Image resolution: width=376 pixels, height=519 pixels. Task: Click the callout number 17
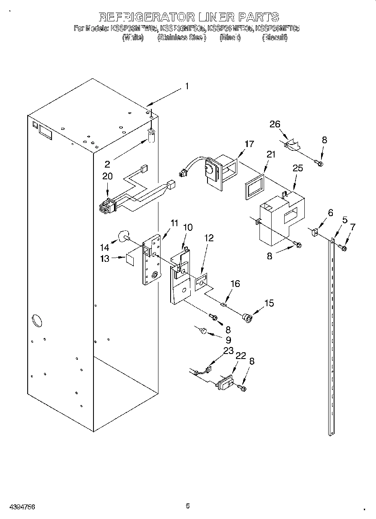pos(249,144)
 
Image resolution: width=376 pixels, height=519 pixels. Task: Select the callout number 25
pos(298,169)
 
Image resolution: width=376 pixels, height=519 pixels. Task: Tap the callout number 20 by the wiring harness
pos(107,177)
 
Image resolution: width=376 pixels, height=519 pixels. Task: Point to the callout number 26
pos(275,124)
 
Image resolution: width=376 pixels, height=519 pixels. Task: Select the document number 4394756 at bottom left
pos(18,506)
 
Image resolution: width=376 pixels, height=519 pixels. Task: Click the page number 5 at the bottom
pos(188,506)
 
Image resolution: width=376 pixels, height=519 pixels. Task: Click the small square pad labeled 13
pos(130,259)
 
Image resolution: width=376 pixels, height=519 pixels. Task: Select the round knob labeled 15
pos(248,318)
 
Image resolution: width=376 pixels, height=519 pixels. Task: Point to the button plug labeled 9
pos(203,331)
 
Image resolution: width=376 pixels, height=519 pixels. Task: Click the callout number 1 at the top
pos(187,87)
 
